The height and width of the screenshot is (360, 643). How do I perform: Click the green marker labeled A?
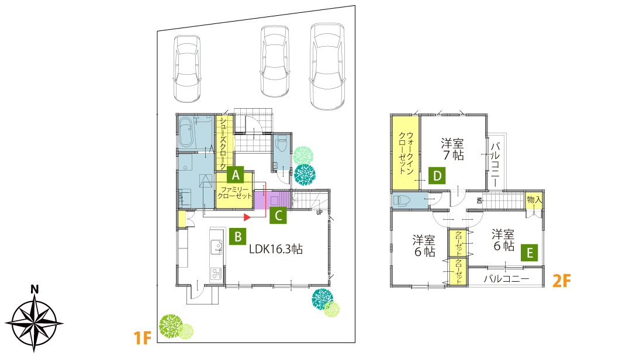[236, 175]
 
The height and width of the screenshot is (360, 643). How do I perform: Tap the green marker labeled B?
[238, 237]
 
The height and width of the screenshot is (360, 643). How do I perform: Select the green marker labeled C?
[278, 215]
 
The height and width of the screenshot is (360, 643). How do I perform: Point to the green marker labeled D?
[437, 175]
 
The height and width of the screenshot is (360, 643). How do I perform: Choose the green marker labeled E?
[530, 252]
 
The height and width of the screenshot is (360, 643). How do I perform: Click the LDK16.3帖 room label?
[276, 249]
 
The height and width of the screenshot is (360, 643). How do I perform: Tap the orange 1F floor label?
[143, 338]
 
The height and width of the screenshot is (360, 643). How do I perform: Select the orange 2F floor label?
[562, 281]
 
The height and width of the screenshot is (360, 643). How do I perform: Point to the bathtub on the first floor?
[186, 132]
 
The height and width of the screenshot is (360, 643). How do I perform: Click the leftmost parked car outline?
[187, 68]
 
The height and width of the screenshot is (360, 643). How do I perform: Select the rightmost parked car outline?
[327, 67]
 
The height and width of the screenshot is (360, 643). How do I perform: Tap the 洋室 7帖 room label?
[452, 149]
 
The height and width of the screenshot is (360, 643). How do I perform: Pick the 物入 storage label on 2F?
[534, 200]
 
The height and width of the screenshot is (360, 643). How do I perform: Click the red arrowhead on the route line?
[247, 217]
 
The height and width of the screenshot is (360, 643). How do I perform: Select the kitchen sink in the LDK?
[216, 247]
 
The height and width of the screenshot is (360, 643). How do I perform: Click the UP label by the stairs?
[319, 212]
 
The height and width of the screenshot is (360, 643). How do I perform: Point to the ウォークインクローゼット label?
[406, 153]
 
